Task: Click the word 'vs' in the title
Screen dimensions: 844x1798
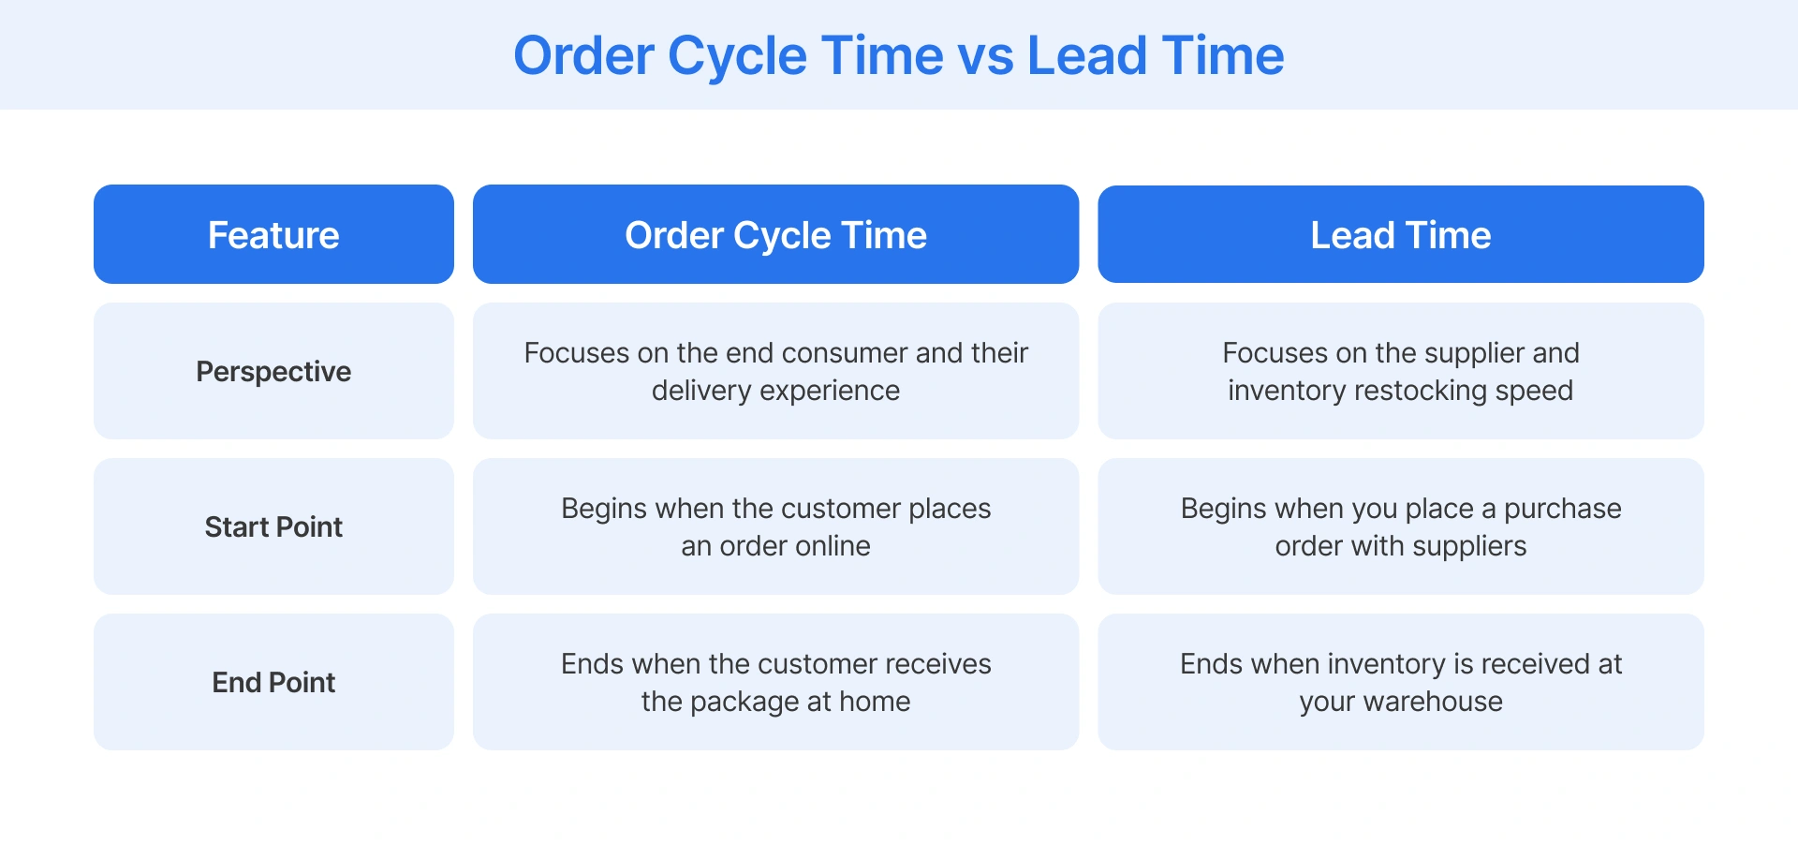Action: pyautogui.click(x=986, y=56)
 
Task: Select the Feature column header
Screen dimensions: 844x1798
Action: pyautogui.click(x=273, y=235)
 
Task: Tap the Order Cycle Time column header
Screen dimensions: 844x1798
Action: pyautogui.click(x=775, y=235)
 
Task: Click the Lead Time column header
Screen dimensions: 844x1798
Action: pyautogui.click(x=1400, y=235)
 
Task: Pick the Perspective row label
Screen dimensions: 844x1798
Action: pyautogui.click(x=273, y=372)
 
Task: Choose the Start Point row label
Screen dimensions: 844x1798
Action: pyautogui.click(x=273, y=527)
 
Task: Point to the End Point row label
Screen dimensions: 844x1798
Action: pyautogui.click(x=273, y=683)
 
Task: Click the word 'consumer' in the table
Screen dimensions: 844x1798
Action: pyautogui.click(x=844, y=353)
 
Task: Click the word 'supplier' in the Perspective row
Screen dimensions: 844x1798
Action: pyautogui.click(x=1475, y=353)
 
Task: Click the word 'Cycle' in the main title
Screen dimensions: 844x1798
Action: pyautogui.click(x=737, y=56)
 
